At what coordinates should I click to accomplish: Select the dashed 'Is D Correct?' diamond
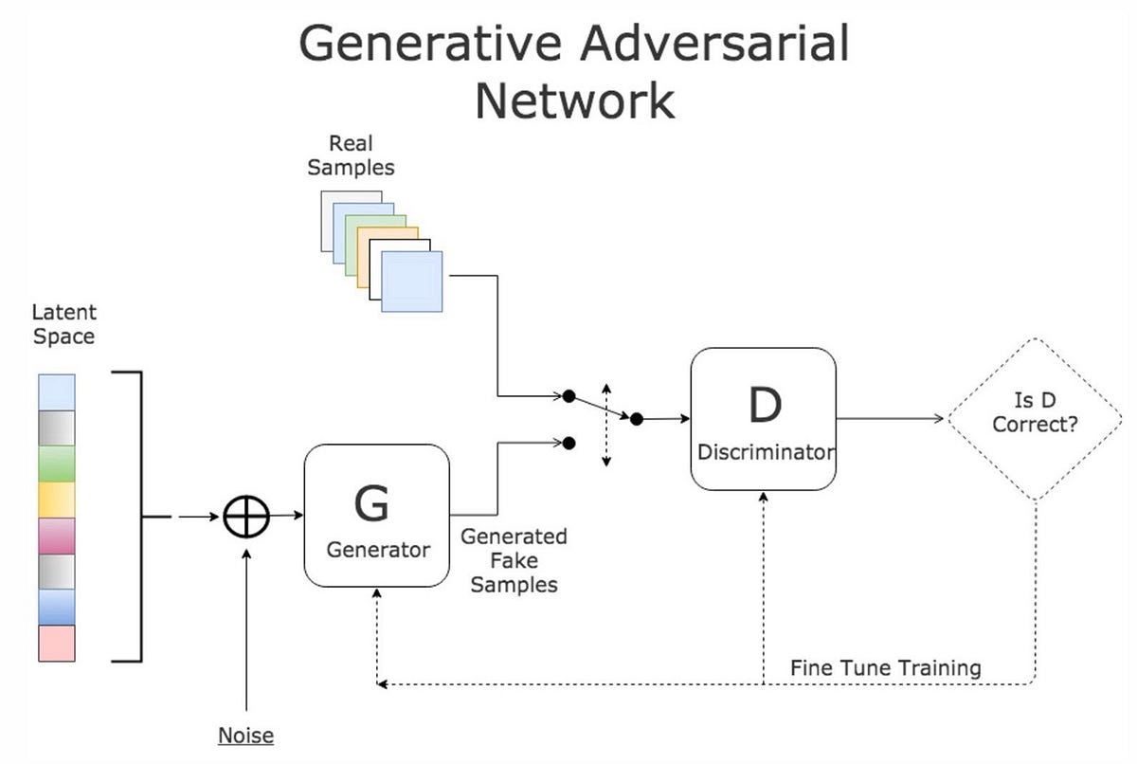pos(1035,418)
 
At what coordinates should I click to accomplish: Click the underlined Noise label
pos(245,736)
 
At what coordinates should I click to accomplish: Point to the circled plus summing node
pos(246,517)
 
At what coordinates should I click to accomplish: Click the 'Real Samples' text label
pos(351,155)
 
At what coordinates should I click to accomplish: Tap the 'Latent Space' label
pos(63,323)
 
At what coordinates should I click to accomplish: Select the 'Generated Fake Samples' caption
pos(514,560)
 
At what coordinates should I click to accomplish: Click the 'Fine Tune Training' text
pos(885,667)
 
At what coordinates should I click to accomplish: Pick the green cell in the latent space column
pos(56,464)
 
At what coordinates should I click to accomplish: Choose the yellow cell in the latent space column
pos(56,500)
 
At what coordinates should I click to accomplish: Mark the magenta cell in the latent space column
pos(56,536)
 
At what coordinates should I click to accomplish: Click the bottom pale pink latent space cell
pos(56,643)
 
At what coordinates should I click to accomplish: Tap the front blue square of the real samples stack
pos(411,282)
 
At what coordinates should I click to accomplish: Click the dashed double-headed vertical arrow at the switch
pos(606,424)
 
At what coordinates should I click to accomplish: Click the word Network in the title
pos(574,100)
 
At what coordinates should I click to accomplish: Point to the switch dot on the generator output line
pos(568,442)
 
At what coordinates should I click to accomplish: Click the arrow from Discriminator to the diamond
pos(891,418)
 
